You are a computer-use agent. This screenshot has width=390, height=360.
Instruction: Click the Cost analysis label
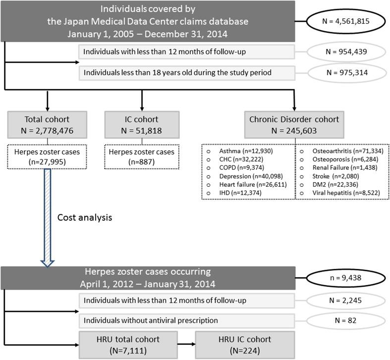point(84,231)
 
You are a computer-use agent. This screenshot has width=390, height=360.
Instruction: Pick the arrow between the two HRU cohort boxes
point(182,343)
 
